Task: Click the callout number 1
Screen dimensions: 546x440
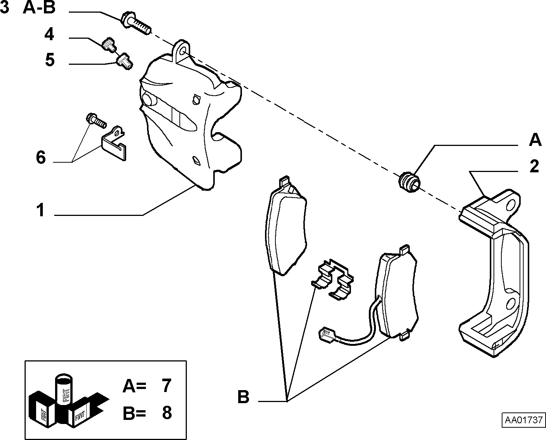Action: [41, 210]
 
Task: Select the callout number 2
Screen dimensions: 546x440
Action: [534, 166]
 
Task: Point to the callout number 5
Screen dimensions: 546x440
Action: [50, 60]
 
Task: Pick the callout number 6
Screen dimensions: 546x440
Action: [41, 157]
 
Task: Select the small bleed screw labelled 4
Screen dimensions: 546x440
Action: [109, 44]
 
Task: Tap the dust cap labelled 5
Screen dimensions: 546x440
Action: [124, 61]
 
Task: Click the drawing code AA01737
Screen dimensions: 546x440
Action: [524, 420]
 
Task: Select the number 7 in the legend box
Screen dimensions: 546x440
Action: [166, 385]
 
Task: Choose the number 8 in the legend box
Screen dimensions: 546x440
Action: [167, 413]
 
